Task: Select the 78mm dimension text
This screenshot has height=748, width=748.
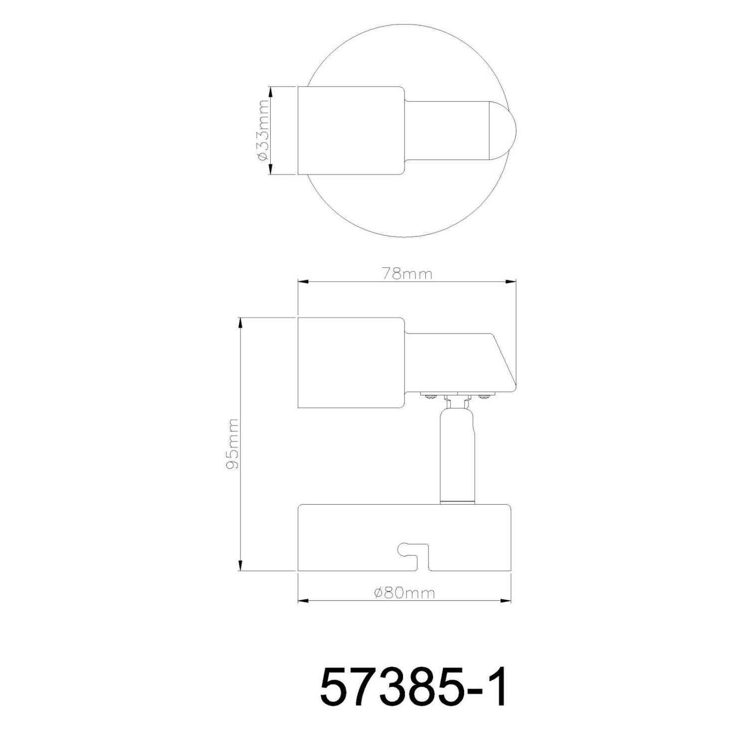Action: pyautogui.click(x=406, y=274)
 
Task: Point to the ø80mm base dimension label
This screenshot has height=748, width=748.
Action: pyautogui.click(x=404, y=593)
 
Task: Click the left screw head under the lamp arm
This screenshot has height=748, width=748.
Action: pyautogui.click(x=429, y=396)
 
